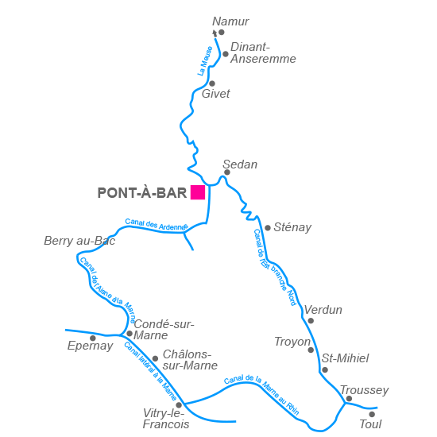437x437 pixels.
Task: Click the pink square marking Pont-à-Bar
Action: (x=198, y=192)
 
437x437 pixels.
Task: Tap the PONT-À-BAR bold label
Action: (x=141, y=193)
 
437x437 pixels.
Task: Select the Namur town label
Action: (x=230, y=21)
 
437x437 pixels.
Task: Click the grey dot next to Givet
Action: (x=212, y=83)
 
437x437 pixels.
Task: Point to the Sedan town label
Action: (x=240, y=164)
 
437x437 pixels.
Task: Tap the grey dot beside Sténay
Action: (x=268, y=228)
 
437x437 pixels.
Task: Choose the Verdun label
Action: (x=323, y=310)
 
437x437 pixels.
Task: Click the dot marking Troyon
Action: (x=311, y=350)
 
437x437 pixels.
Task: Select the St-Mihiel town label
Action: (x=345, y=358)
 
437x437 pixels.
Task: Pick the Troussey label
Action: (x=364, y=390)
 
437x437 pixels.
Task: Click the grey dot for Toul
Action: (x=372, y=414)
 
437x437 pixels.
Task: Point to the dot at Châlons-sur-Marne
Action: (x=155, y=358)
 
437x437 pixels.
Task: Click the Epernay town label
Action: (x=90, y=346)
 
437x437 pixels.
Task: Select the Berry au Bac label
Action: (x=79, y=241)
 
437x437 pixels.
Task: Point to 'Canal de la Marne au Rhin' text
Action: (x=261, y=393)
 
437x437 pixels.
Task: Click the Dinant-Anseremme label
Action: (x=262, y=52)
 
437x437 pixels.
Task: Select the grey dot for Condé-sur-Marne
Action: (x=130, y=334)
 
